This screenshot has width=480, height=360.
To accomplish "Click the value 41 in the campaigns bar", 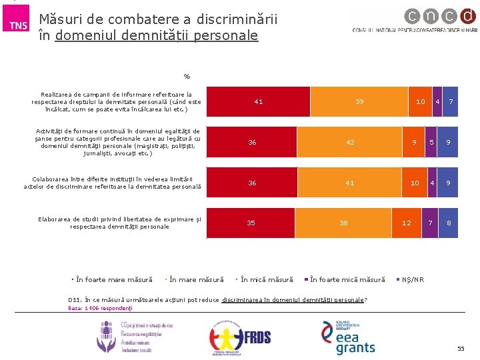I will point(259,102).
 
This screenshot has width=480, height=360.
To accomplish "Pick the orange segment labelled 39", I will point(359,102).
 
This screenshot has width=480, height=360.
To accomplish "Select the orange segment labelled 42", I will point(350,142).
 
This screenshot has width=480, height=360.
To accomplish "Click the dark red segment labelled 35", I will point(251,223).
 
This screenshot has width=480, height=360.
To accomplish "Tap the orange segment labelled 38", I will point(343,223).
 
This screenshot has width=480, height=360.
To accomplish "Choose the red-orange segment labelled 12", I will point(407,223).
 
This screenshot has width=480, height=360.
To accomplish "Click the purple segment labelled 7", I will point(431,223).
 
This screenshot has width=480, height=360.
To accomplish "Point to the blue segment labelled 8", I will point(449,223).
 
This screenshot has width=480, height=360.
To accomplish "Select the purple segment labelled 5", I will point(431,142).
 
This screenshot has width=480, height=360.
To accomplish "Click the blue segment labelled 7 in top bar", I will point(451,102).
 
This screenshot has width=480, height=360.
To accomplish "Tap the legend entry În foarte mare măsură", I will point(114,279).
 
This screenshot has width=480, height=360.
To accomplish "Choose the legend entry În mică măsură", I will point(267,279).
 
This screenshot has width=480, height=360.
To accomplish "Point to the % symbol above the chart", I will point(187,76).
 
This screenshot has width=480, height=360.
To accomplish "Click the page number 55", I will point(461,349).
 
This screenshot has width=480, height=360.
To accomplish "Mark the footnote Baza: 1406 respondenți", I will point(101,308).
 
